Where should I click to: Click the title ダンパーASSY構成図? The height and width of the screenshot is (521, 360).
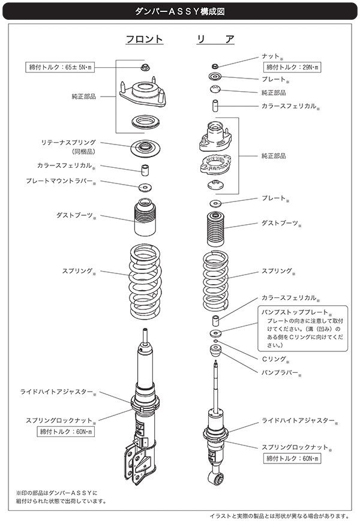point(179,10)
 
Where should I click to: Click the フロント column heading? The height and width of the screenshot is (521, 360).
point(144,40)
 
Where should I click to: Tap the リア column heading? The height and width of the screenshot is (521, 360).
point(215,40)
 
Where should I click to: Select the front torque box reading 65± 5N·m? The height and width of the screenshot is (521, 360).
point(62,68)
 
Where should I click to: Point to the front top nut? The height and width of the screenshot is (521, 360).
point(144,65)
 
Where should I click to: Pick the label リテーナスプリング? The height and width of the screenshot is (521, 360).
point(69,143)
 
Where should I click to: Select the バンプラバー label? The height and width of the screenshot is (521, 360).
point(279,372)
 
